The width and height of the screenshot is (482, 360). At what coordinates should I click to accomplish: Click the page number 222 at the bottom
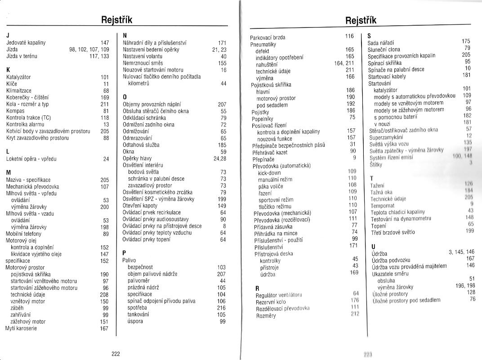point(116,354)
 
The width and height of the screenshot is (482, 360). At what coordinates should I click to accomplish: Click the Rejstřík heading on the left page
point(117,20)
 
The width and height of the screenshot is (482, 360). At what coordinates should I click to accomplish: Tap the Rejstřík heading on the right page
point(361,20)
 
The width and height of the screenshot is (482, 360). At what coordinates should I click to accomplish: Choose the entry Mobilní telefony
point(23,234)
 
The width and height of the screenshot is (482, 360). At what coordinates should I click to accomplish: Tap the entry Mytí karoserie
point(21,328)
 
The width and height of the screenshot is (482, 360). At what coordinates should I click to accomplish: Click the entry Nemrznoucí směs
point(143,63)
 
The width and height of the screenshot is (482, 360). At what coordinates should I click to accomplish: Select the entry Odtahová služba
point(141,145)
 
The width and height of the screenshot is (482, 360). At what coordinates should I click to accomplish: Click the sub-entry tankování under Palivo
point(138,315)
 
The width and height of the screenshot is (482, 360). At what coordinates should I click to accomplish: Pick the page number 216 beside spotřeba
point(221,308)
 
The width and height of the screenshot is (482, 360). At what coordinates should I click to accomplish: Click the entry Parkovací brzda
point(268,37)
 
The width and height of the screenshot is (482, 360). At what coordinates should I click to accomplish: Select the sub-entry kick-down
point(269,173)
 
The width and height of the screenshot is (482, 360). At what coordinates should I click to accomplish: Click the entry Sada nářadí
point(381,43)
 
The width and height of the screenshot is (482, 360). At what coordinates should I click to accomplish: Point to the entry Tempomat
point(382,205)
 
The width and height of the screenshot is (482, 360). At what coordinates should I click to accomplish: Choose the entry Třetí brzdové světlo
point(393,232)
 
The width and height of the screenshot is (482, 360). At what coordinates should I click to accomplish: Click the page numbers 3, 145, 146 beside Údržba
point(461,252)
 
